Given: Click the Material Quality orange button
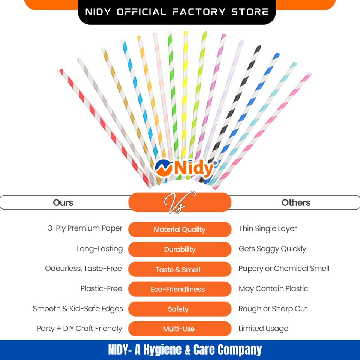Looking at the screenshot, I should (x=180, y=229).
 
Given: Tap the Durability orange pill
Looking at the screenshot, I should (x=180, y=249).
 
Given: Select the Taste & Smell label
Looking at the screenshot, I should (x=178, y=269).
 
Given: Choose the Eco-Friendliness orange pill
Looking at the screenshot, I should (x=178, y=289).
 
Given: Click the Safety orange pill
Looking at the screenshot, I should (x=178, y=309).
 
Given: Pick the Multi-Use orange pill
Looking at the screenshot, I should (x=178, y=329).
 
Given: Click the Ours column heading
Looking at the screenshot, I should (x=63, y=202).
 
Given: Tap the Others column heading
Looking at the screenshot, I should (x=296, y=202).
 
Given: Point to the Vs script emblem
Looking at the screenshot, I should (x=179, y=202).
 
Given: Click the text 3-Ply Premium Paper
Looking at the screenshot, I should (x=85, y=228).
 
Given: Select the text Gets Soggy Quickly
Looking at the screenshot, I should (x=272, y=249).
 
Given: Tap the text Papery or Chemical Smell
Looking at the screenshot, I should (x=284, y=268).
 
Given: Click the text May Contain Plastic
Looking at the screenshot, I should (x=273, y=288).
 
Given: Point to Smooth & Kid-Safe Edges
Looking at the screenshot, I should (x=78, y=309).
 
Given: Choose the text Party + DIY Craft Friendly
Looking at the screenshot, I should (x=79, y=328).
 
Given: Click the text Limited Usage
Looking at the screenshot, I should (x=263, y=328).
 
